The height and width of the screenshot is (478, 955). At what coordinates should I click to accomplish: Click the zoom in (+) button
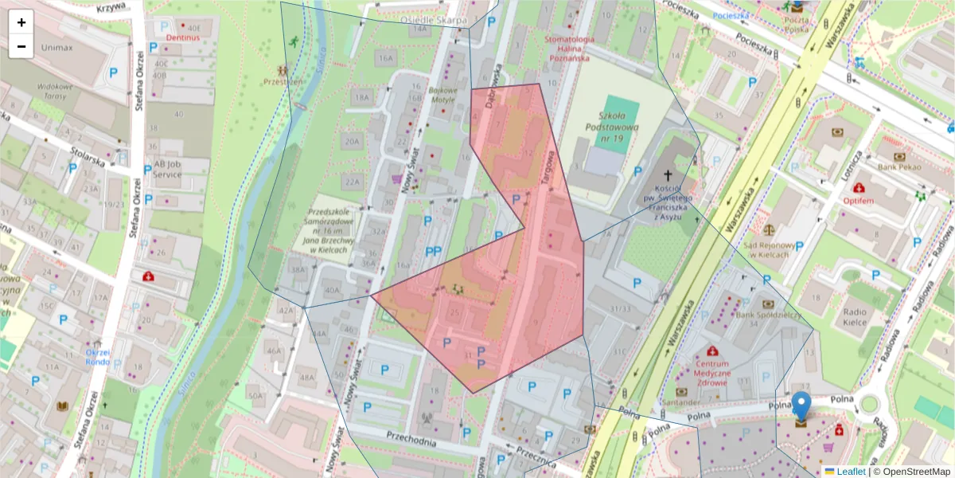[21, 22]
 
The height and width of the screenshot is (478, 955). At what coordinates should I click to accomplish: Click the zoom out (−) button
[21, 46]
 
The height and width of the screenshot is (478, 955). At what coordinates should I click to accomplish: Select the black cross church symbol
[668, 175]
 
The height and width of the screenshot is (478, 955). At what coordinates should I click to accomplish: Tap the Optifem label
[859, 201]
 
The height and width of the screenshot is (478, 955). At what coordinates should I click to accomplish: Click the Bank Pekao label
[898, 167]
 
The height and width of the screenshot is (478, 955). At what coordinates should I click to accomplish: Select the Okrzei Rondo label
[97, 357]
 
